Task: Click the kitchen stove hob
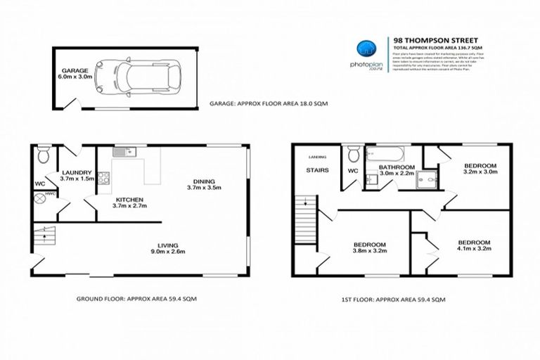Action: click(103, 178)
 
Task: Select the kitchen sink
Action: click(125, 152)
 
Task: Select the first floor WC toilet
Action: click(352, 155)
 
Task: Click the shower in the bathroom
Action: click(424, 179)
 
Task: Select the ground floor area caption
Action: click(136, 298)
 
